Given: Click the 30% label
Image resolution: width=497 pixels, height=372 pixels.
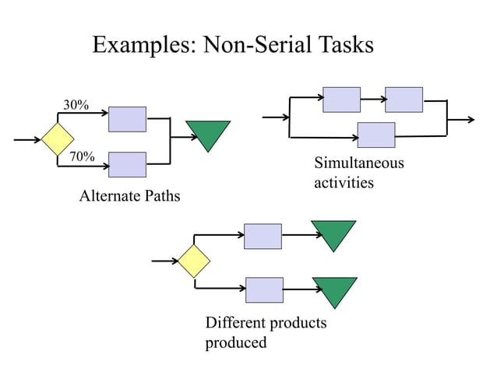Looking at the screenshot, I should point(76,105).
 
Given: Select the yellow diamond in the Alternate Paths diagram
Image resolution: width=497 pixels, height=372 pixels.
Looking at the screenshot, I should point(58,140).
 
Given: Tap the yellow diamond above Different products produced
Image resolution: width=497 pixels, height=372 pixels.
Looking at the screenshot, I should point(194,261).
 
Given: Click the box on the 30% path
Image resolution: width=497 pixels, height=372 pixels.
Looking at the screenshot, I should point(127,118).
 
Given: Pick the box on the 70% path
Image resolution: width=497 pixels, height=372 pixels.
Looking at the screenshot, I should point(127,164).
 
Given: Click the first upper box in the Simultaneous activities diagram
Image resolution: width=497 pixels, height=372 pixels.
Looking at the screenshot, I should point(341,100).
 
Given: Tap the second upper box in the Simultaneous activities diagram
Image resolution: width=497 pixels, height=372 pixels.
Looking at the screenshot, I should point(404,100).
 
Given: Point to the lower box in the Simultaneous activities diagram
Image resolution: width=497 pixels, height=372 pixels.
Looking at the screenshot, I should point(375,135).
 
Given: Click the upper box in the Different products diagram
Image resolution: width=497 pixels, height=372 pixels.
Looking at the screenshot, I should point(263,236).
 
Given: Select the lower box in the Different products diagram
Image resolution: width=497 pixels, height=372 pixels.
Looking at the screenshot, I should point(264,290).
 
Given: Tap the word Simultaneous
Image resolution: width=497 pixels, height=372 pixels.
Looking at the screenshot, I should point(358,163).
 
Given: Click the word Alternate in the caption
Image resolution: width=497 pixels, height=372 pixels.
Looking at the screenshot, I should point(108,196).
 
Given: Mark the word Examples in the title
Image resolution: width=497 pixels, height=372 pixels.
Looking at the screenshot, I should point(144,45).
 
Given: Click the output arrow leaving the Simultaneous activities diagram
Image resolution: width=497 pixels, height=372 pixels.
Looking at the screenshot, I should point(461,120).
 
